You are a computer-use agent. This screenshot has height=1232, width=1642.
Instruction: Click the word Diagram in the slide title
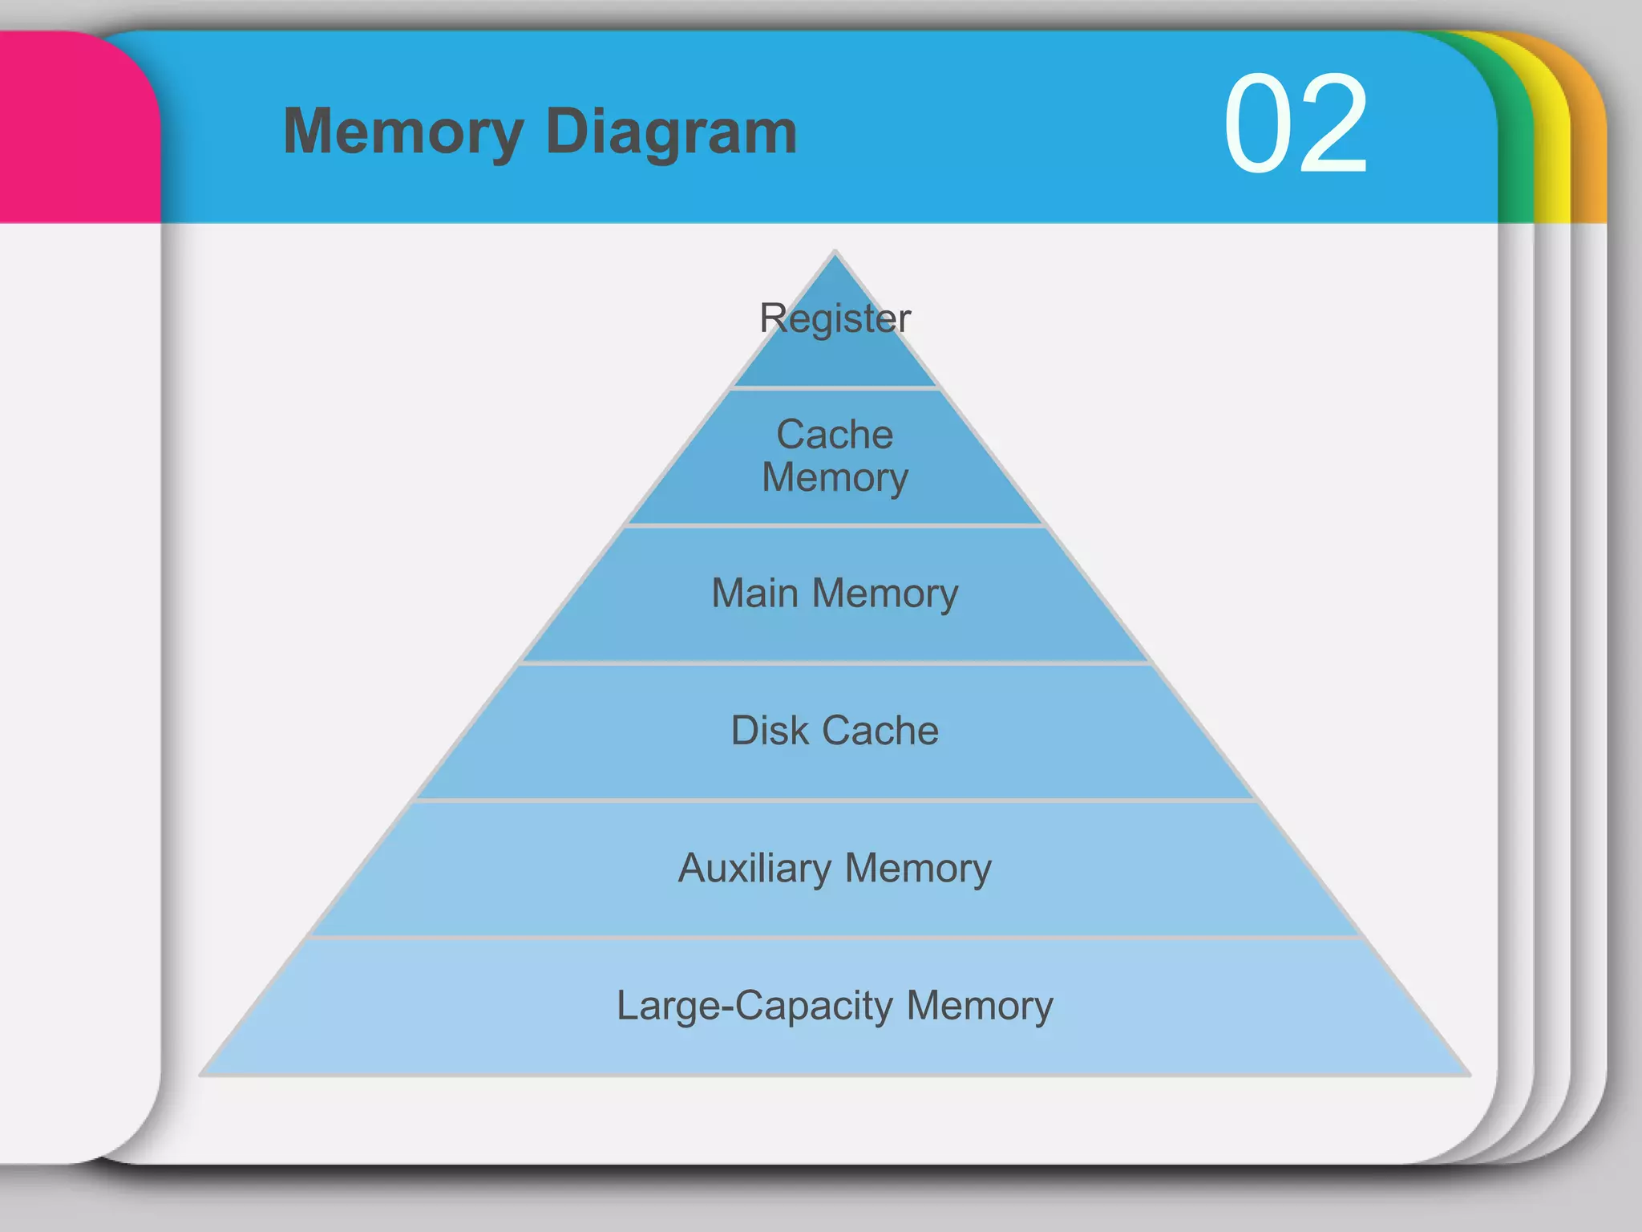point(671,132)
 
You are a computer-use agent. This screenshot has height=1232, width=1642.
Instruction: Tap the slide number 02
point(1295,124)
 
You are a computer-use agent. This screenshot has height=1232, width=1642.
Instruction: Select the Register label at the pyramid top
point(835,318)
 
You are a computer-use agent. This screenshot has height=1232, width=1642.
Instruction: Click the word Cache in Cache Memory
point(835,435)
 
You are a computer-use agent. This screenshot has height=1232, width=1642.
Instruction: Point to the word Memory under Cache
point(835,478)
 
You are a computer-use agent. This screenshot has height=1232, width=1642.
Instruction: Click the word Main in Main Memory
point(754,594)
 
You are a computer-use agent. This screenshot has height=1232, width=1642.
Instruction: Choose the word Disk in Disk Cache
point(770,731)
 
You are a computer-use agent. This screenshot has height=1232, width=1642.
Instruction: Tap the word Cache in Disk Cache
point(880,731)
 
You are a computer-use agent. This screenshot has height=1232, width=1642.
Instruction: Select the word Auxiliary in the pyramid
point(754,868)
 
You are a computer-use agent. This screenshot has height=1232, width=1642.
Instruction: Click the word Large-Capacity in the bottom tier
point(754,1006)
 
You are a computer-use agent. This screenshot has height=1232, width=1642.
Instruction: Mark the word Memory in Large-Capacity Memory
point(980,1006)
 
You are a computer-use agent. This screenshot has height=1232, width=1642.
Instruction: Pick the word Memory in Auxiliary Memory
point(918,868)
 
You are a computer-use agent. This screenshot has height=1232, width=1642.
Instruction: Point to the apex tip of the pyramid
point(835,254)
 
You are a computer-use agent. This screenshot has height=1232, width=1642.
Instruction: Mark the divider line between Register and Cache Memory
point(835,388)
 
